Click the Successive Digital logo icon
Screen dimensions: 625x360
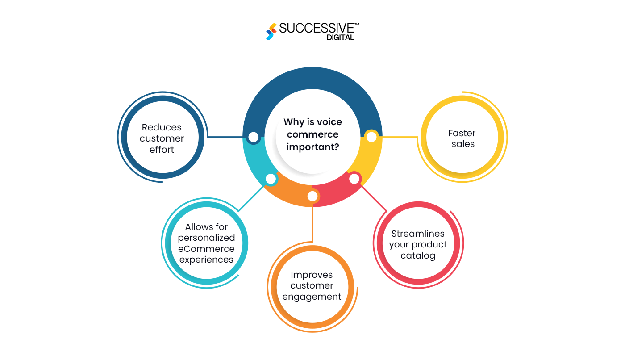pyautogui.click(x=271, y=31)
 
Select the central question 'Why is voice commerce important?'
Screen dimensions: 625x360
pyautogui.click(x=312, y=134)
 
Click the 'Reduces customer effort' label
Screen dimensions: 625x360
pyautogui.click(x=162, y=138)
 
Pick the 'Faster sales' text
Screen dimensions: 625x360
pyautogui.click(x=462, y=138)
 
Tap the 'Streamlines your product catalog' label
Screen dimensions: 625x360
pyautogui.click(x=418, y=245)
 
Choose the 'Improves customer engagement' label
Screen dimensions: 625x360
pyautogui.click(x=312, y=285)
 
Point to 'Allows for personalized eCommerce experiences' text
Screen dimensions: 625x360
pyautogui.click(x=206, y=243)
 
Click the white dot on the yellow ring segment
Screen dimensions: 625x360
pyautogui.click(x=371, y=137)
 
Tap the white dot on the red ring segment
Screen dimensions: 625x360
pyautogui.click(x=354, y=179)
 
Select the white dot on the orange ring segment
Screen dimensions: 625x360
pyautogui.click(x=312, y=196)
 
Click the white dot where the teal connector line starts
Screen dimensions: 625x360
pyautogui.click(x=271, y=179)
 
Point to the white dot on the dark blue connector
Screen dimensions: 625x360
pyautogui.click(x=253, y=137)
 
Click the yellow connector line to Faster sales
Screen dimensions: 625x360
pyautogui.click(x=400, y=137)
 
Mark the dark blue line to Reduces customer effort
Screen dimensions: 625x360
pyautogui.click(x=225, y=137)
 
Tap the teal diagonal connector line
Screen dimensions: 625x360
pyautogui.click(x=253, y=197)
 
